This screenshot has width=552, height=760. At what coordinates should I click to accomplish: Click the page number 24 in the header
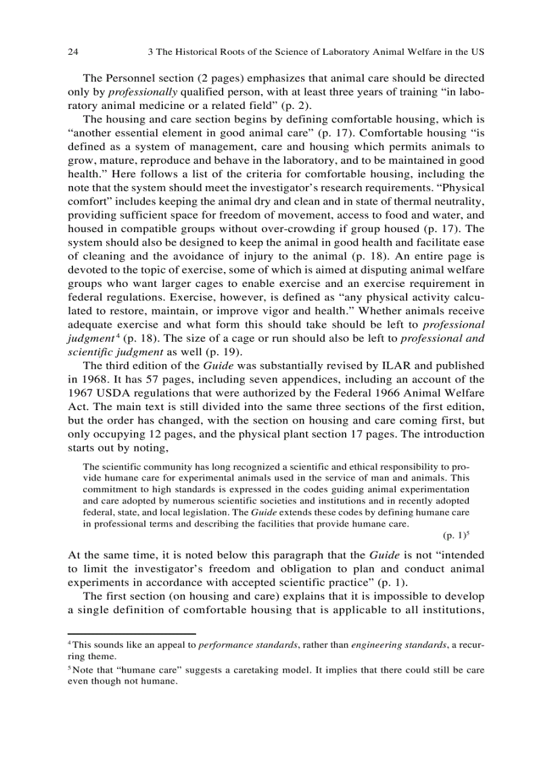point(74,51)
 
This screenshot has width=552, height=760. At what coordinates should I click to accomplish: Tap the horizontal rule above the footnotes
point(131,633)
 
